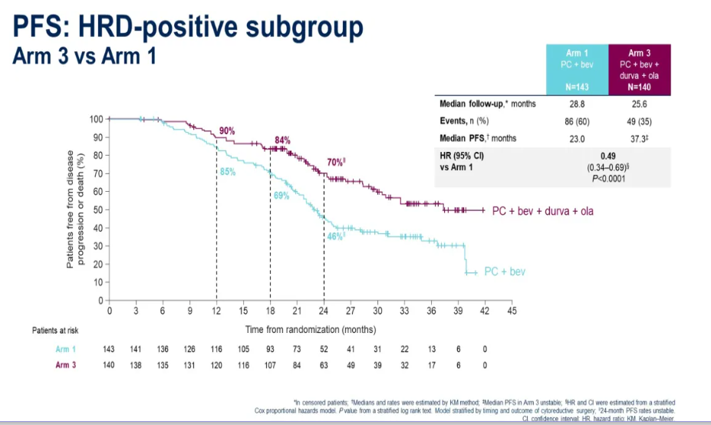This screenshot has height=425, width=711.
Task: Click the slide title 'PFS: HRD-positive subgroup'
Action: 188,28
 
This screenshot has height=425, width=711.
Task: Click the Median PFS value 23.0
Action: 577,138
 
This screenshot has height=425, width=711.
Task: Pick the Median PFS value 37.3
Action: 640,138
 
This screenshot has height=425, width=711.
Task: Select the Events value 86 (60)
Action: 577,121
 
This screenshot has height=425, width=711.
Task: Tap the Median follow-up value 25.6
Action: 640,104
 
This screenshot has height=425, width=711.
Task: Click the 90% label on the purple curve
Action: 227,131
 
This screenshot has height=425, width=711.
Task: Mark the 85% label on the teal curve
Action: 228,173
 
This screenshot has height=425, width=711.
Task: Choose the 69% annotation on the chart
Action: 281,196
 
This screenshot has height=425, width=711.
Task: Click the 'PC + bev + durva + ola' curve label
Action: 542,210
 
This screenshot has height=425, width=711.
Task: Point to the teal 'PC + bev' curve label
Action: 505,272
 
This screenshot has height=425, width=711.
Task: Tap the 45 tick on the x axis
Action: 512,311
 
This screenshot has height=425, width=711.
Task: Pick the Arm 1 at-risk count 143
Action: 109,349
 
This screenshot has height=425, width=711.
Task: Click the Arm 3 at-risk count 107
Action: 270,365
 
